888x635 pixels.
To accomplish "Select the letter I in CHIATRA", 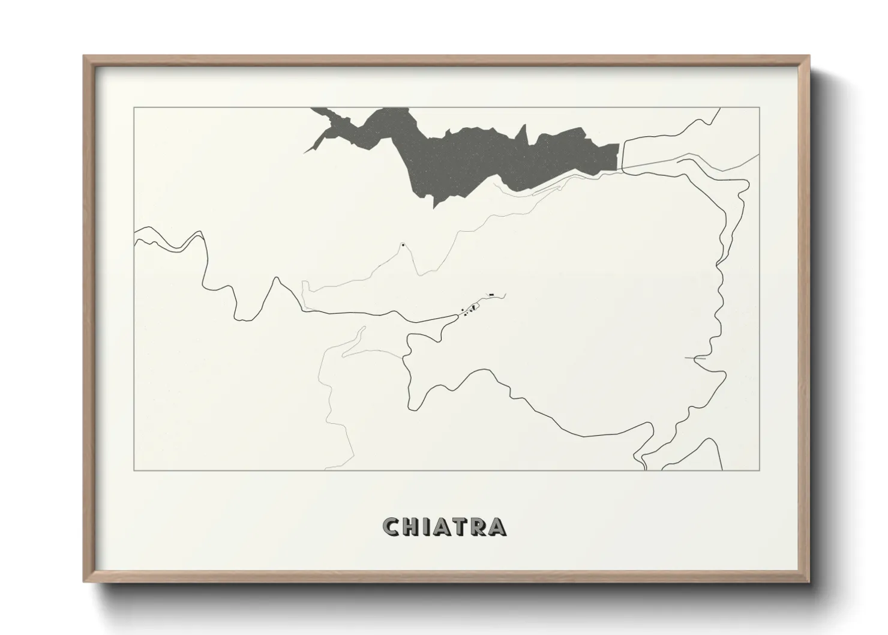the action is [425, 526].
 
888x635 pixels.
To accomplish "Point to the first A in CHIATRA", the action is [441, 526].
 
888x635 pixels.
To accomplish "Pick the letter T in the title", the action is [460, 526].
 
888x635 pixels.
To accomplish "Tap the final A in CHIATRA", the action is [497, 526].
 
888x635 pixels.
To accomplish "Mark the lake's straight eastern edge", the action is [618, 156].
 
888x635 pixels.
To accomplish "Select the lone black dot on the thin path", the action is [403, 244].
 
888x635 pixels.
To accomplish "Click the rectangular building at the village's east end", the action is [491, 295].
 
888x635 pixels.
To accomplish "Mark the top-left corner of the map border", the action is [134, 107].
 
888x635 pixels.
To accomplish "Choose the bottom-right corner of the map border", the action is [760, 470].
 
